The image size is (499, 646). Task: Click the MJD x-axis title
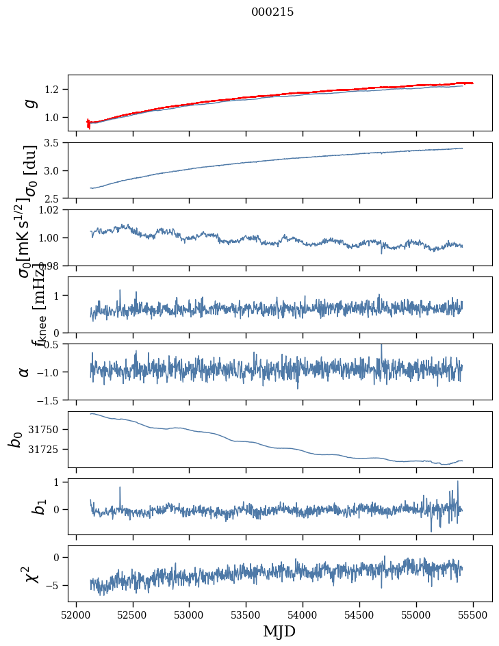pos(279,632)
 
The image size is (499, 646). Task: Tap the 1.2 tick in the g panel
pos(55,90)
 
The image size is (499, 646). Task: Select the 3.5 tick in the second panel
pos(55,143)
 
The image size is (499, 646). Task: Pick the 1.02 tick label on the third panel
pos(52,210)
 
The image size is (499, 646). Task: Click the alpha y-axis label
pos(25,372)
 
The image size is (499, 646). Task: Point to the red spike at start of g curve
pos(88,124)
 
